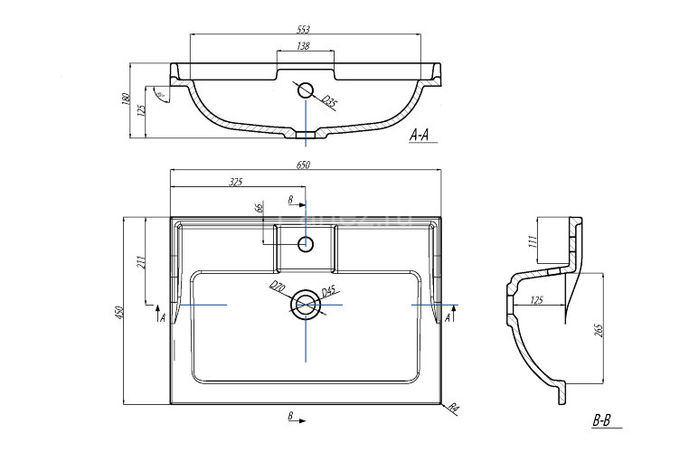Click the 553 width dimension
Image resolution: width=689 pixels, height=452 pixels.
[x=305, y=30]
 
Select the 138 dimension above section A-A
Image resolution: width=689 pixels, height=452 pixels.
[x=306, y=45]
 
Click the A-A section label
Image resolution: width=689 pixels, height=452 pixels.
[x=423, y=136]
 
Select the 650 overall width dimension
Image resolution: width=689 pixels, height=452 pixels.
[x=305, y=165]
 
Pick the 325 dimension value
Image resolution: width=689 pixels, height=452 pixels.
[x=236, y=182]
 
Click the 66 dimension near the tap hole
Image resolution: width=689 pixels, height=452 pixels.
[x=260, y=209]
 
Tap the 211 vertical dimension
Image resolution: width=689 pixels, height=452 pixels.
[x=140, y=263]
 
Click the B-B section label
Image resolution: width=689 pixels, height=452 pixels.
[x=602, y=420]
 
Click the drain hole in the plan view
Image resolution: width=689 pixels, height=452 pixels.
[x=307, y=305]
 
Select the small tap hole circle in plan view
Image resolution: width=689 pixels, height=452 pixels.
[x=307, y=243]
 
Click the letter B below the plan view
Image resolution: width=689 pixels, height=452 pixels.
[x=290, y=417]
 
